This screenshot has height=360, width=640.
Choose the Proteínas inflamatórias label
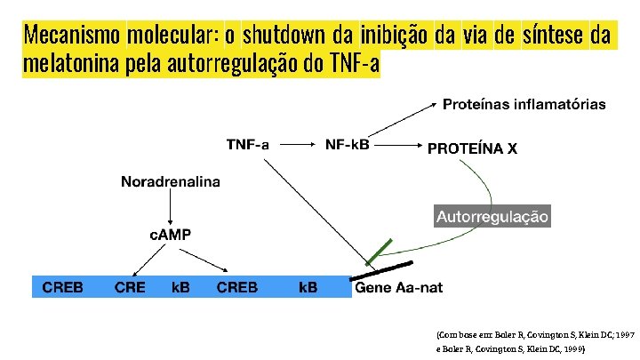524,104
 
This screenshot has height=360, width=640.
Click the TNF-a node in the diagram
248,145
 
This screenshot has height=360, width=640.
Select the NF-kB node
348,145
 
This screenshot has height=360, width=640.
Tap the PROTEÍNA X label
472,148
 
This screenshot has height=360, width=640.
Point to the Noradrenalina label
171,182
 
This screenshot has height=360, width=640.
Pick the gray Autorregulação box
492,216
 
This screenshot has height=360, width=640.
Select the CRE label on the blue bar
130,287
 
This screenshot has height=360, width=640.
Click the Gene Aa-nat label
398,287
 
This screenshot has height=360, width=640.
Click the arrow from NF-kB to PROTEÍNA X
399,145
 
